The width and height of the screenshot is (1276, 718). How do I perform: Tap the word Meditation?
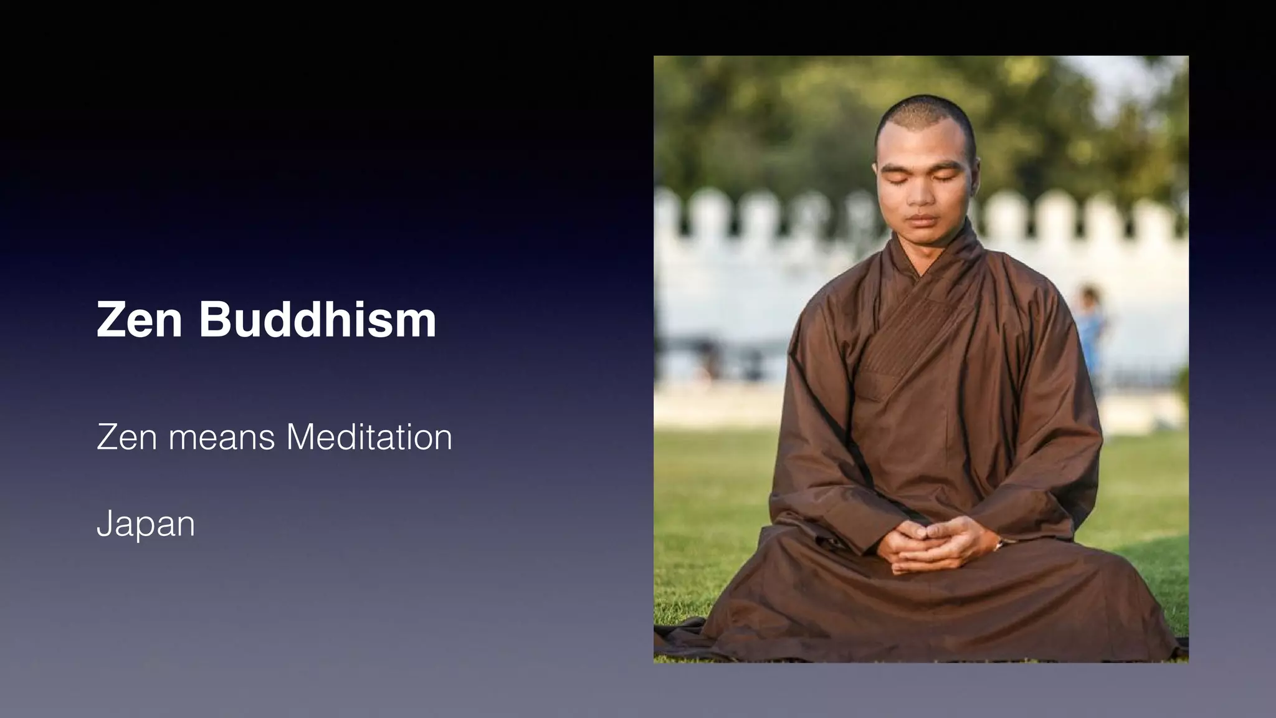(x=369, y=437)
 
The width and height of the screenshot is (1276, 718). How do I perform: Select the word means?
(x=221, y=439)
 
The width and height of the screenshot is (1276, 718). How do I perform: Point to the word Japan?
(x=146, y=525)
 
